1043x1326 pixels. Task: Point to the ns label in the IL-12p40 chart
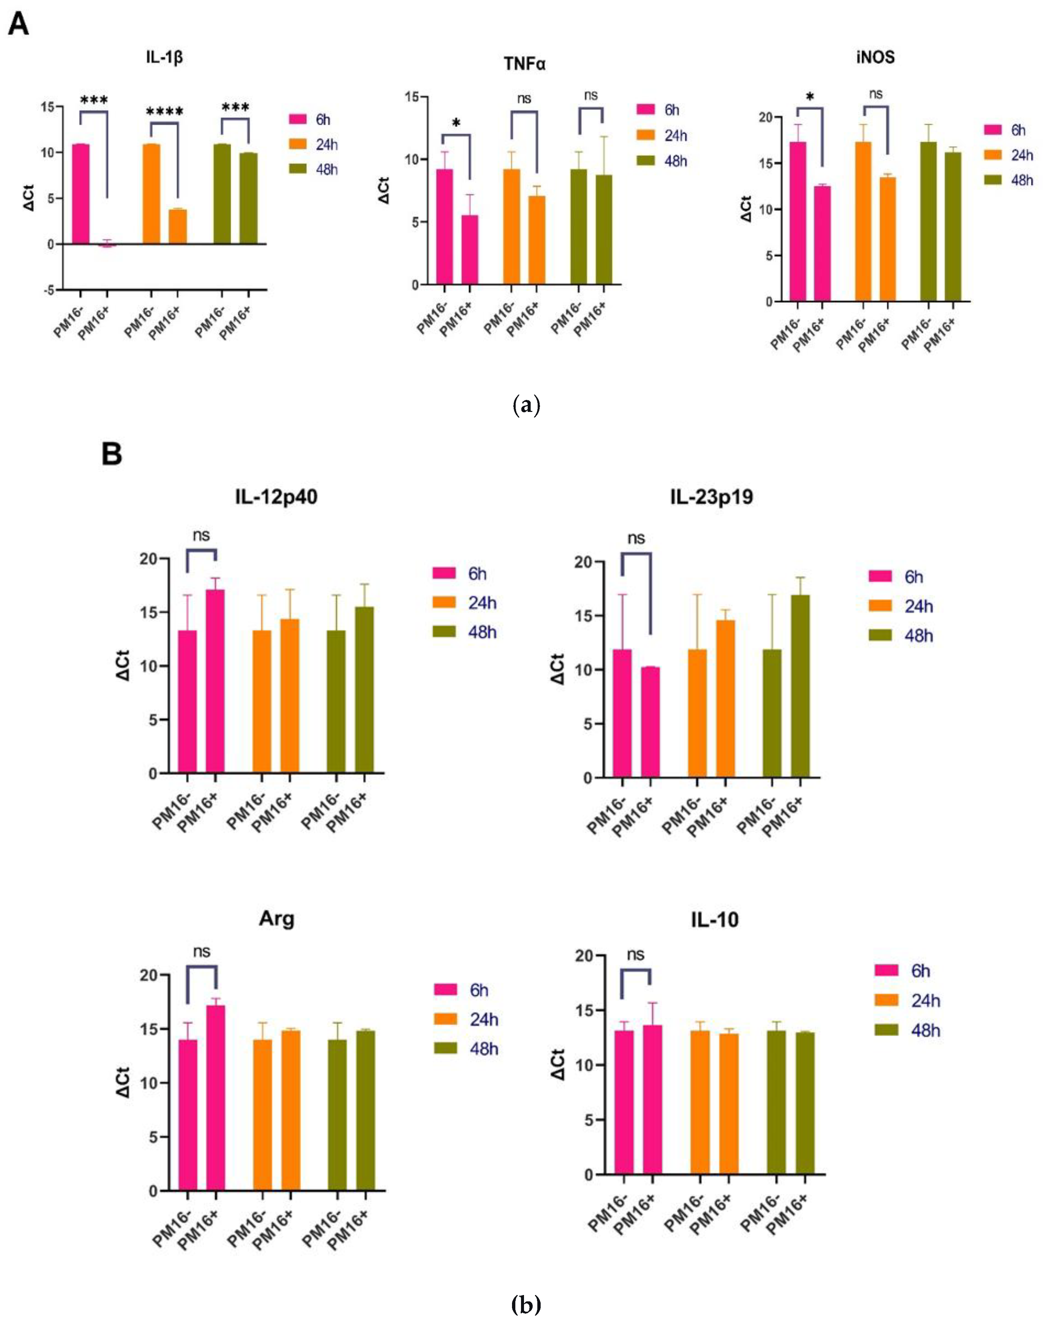click(201, 535)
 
